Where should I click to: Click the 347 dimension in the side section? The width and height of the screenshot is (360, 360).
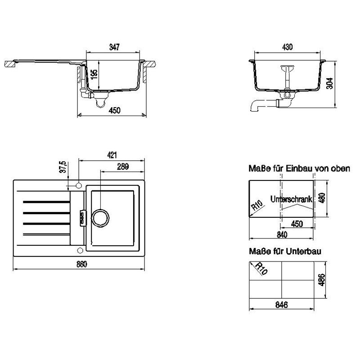(x=114, y=47)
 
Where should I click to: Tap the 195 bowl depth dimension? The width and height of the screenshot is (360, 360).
(x=94, y=74)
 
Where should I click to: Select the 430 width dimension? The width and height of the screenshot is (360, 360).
(x=287, y=47)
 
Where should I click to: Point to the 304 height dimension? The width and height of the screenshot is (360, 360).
(x=329, y=83)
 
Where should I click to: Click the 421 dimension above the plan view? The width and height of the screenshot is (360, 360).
(x=112, y=155)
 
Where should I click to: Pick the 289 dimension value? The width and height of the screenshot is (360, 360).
(x=123, y=166)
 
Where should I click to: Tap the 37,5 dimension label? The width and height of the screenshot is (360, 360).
(x=63, y=166)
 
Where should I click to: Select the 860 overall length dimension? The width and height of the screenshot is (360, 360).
(x=82, y=264)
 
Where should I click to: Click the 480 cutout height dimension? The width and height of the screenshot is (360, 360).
(x=322, y=198)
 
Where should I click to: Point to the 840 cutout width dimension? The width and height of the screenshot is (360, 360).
(x=282, y=234)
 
